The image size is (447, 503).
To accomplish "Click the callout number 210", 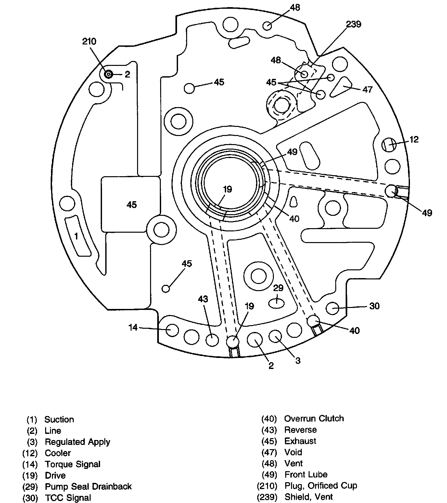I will pos(89,42).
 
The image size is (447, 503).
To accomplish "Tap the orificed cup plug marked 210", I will pos(108,75).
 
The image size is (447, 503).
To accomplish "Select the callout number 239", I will pos(353,24).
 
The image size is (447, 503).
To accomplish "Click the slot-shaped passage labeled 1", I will pos(78,236).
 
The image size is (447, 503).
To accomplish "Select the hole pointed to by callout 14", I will pos(172,330).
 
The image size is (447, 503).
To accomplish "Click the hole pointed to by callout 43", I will pos(212,340).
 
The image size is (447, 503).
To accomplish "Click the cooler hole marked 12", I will pos(389,144).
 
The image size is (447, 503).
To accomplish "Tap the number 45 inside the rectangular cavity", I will pos(132,205).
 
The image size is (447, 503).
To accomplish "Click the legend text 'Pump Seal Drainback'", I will pos(88,486).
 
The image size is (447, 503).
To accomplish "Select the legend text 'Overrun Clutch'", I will pos(314,419).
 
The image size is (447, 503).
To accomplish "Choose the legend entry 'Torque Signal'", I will pos(72,464).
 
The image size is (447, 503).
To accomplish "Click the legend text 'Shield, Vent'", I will pos(309,497).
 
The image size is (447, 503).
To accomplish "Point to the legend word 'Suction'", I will pos(59,420).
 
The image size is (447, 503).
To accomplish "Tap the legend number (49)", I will pos(269,475).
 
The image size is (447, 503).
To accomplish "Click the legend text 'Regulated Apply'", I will pos(77,442).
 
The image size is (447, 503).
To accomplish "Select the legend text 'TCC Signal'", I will pos(68,498).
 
